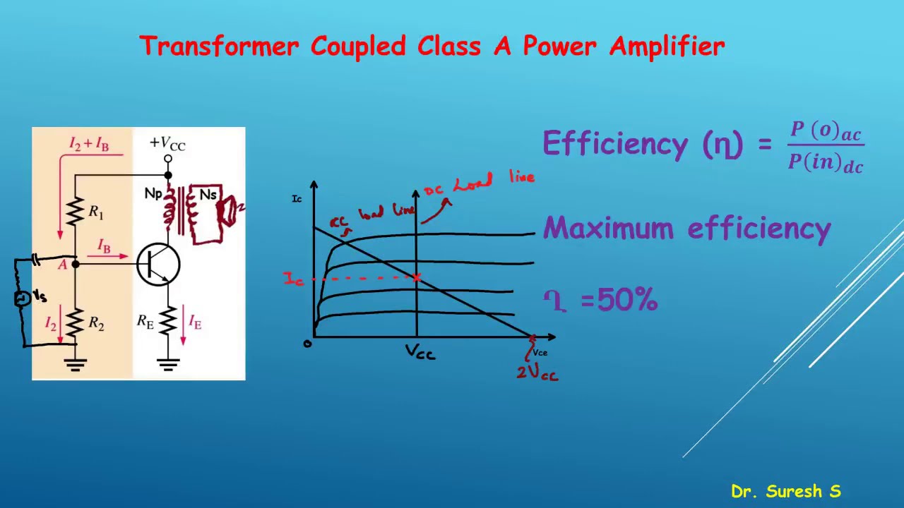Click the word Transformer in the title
point(219,47)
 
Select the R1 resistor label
point(96,211)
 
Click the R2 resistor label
point(96,324)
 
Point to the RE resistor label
point(145,322)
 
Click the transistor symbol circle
point(158,264)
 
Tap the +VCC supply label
point(167,143)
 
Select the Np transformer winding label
point(153,193)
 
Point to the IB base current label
point(104,246)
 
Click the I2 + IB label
point(89,144)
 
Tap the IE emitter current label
point(195,323)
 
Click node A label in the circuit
point(63,265)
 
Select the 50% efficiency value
point(627,301)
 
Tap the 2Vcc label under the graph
point(537,373)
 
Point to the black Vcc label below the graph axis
point(420,352)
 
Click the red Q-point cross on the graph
point(417,277)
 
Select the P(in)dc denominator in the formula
point(826,163)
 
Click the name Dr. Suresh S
point(785,491)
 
